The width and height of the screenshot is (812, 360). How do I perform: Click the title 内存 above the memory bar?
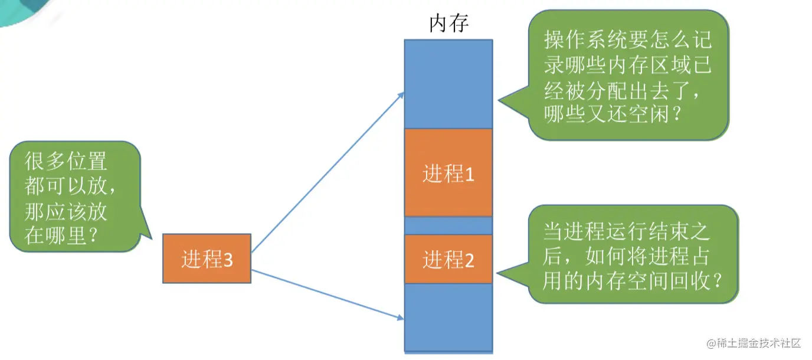448,24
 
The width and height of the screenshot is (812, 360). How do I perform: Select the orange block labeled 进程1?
448,173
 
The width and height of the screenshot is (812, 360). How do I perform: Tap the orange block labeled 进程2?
448,259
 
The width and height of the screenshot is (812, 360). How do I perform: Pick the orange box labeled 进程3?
207,259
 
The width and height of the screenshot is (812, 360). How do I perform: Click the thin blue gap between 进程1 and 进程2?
448,225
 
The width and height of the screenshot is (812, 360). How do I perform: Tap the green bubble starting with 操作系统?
628,74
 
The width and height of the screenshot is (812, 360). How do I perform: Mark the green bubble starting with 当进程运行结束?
633,254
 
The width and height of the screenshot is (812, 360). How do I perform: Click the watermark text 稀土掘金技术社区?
758,343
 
